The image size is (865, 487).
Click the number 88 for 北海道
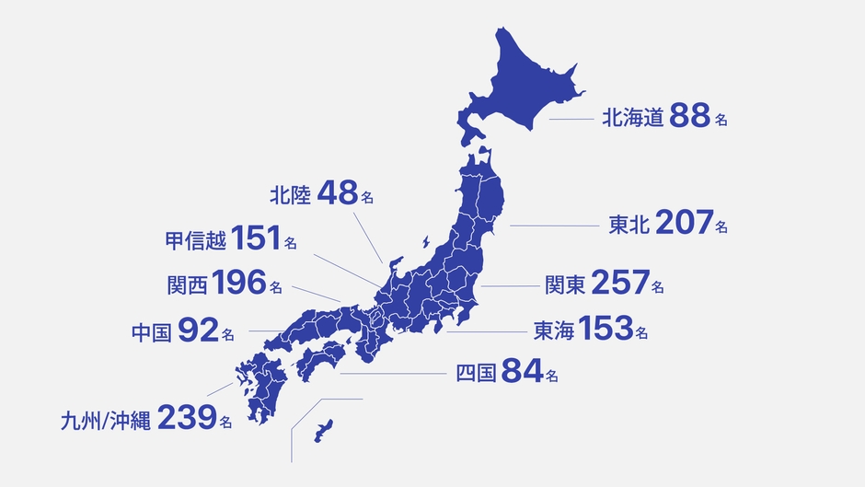[688, 117]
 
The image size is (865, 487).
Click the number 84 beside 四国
[521, 373]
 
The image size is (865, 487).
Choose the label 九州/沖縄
[104, 420]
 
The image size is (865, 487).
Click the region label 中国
[151, 331]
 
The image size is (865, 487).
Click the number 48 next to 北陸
[337, 194]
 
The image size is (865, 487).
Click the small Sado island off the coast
[425, 242]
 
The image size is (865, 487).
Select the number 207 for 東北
[685, 224]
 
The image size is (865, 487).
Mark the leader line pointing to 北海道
[571, 119]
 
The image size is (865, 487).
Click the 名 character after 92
[227, 333]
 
